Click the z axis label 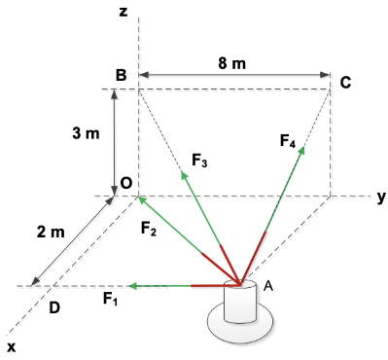pyautogui.click(x=123, y=12)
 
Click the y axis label pyautogui.click(x=381, y=196)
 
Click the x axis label pyautogui.click(x=12, y=346)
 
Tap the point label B pyautogui.click(x=121, y=75)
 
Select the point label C pyautogui.click(x=345, y=83)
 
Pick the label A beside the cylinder pyautogui.click(x=269, y=286)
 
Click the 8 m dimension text pyautogui.click(x=230, y=62)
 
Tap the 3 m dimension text pyautogui.click(x=86, y=134)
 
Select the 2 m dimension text pyautogui.click(x=51, y=232)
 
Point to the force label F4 pyautogui.click(x=288, y=142)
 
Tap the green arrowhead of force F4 pyautogui.click(x=302, y=150)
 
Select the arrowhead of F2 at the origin pyautogui.click(x=142, y=199)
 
